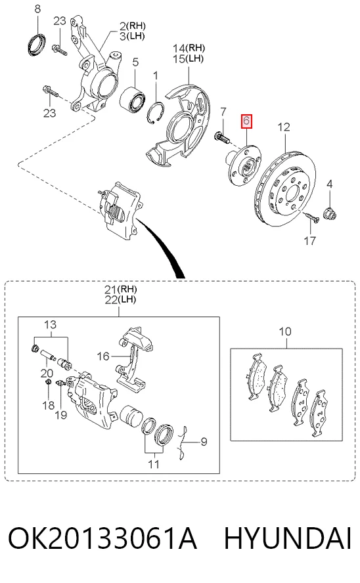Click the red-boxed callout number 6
(x=246, y=121)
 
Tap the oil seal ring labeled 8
(x=37, y=44)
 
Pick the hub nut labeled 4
(x=330, y=214)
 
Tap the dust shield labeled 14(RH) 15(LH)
(x=179, y=125)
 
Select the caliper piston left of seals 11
(x=131, y=416)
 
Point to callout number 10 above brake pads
(x=285, y=332)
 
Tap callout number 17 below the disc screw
(x=310, y=240)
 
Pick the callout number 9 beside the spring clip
(x=204, y=442)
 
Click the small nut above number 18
(x=48, y=382)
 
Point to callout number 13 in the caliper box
(x=50, y=324)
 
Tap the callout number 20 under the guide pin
(x=47, y=373)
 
